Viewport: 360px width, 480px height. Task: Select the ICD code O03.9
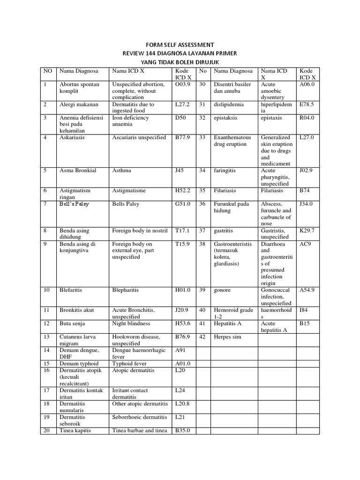(182, 84)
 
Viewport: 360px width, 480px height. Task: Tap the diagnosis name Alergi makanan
(78, 105)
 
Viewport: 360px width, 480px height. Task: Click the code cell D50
(180, 118)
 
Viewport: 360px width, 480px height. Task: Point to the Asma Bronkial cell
(78, 171)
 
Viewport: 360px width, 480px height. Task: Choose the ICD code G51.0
(182, 204)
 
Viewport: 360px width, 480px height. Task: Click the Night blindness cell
(131, 324)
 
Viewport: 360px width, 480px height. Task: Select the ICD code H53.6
(182, 324)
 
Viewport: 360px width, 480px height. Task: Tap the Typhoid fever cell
(129, 364)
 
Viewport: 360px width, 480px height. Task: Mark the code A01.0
(182, 364)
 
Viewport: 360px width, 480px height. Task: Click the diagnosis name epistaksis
(226, 118)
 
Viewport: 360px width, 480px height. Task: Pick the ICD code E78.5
(307, 105)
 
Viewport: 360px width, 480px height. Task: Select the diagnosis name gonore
(222, 290)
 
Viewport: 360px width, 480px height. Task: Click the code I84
(304, 310)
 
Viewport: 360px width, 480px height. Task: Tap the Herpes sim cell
(229, 337)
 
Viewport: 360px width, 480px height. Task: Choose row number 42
(202, 337)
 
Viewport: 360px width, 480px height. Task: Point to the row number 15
(46, 364)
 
